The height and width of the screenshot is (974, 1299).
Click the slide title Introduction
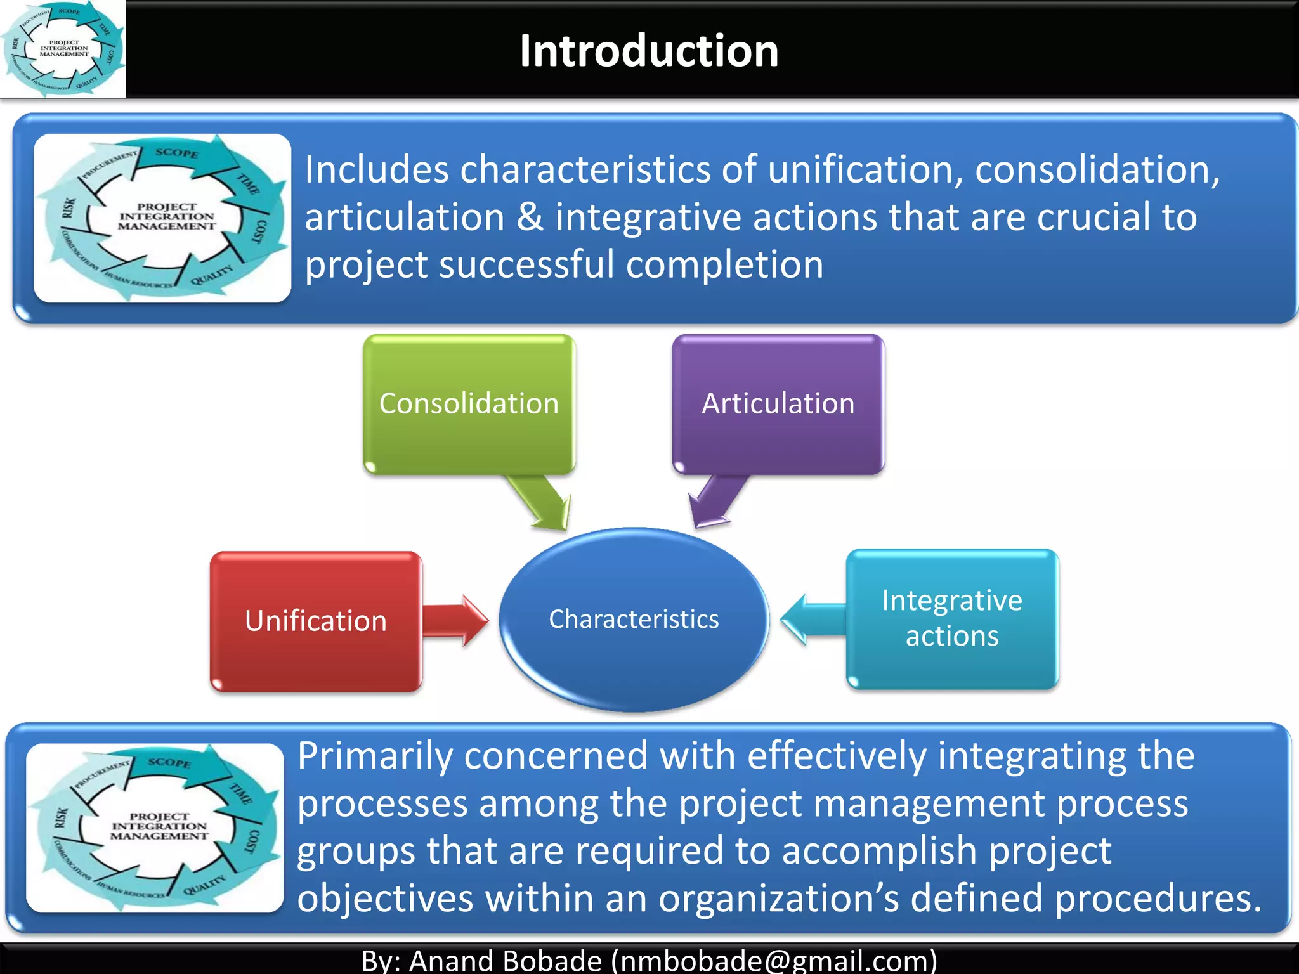pyautogui.click(x=649, y=51)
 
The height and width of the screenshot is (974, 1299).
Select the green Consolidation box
pyautogui.click(x=469, y=404)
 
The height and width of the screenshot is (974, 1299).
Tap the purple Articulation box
pyautogui.click(x=778, y=404)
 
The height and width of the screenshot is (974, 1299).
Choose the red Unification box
pyautogui.click(x=315, y=621)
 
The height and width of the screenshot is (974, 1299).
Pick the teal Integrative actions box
pyautogui.click(x=951, y=618)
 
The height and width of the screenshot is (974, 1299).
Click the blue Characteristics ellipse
pyautogui.click(x=634, y=619)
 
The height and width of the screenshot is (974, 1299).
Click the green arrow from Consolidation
pyautogui.click(x=542, y=502)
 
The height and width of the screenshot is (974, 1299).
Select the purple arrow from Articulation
pyautogui.click(x=717, y=501)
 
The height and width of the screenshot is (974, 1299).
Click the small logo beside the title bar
pyautogui.click(x=63, y=49)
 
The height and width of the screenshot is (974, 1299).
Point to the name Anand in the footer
pyautogui.click(x=450, y=960)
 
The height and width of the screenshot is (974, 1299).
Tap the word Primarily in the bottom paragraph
pyautogui.click(x=375, y=756)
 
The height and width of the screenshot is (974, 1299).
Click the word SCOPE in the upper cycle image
pyautogui.click(x=177, y=153)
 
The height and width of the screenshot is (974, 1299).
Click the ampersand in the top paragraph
pyautogui.click(x=530, y=217)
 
